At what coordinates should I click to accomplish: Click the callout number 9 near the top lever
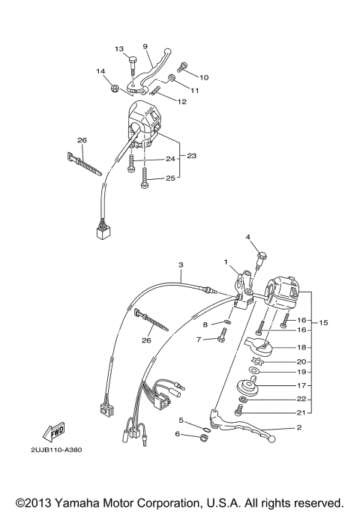pos(145,46)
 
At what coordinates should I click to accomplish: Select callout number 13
pos(118,49)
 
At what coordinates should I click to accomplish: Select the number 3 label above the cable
pos(180,265)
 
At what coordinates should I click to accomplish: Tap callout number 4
pos(247,238)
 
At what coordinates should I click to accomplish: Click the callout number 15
pos(324,323)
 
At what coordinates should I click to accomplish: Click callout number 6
pos(178,434)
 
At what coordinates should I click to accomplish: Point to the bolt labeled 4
pos(259,259)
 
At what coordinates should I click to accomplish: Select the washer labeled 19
pos(255,371)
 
